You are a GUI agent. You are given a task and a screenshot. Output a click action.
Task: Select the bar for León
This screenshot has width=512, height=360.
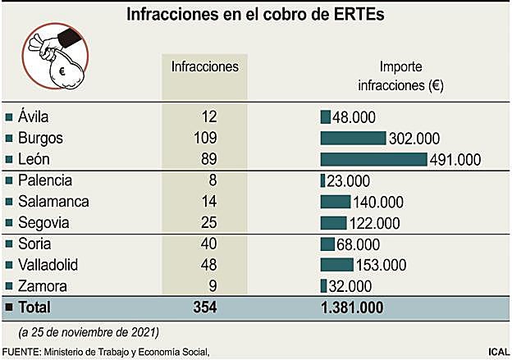click(373, 159)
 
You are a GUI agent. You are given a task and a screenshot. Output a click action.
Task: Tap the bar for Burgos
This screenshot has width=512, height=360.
click(353, 138)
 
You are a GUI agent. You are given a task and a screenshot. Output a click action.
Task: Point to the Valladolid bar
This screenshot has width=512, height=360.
click(336, 264)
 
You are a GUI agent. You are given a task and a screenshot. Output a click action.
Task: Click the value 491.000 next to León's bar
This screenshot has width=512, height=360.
click(455, 160)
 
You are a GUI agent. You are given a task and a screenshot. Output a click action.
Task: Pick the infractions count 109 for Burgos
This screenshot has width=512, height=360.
click(204, 138)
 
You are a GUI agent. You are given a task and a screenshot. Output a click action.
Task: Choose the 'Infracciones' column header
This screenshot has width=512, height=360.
click(204, 66)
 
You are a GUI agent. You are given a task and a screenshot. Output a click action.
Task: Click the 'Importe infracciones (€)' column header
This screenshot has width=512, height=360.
click(400, 76)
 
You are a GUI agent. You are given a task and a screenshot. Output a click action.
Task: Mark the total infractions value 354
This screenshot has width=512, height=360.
click(204, 307)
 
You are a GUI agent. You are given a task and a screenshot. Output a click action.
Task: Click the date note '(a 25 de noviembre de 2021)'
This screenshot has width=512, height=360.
click(88, 332)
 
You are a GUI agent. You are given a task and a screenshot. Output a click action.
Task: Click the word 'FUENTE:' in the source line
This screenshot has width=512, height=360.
click(22, 352)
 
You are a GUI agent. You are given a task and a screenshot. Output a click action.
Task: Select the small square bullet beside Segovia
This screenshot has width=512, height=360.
click(9, 223)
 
